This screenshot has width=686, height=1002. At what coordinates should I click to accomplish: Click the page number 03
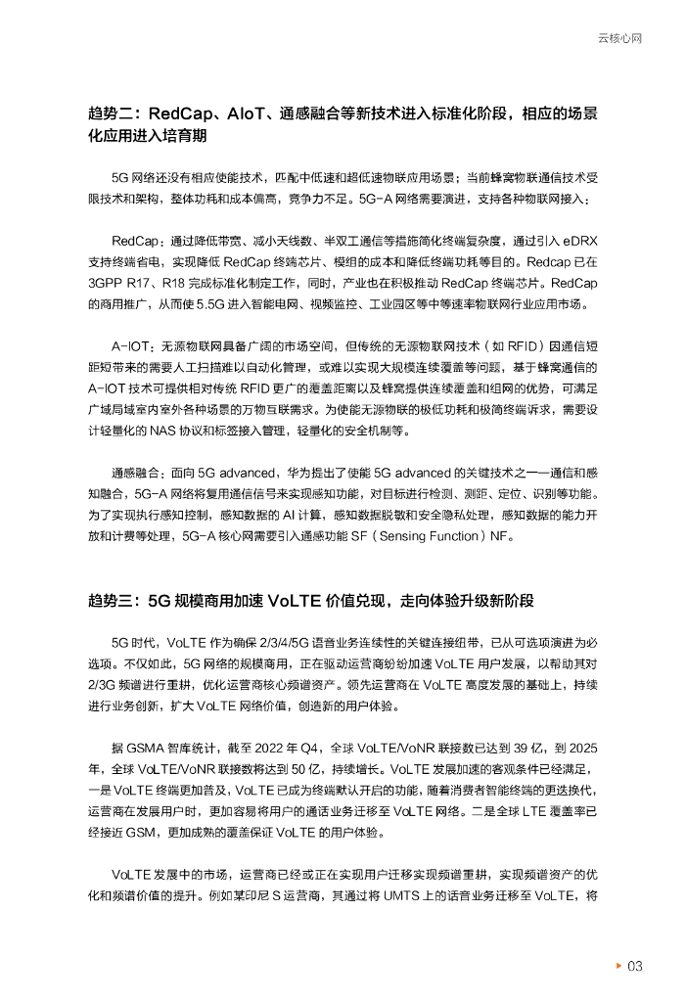[x=635, y=967]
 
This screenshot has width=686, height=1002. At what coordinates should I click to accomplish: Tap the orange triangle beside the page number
[x=617, y=967]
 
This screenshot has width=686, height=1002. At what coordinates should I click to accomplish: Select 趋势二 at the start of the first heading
[x=109, y=114]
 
